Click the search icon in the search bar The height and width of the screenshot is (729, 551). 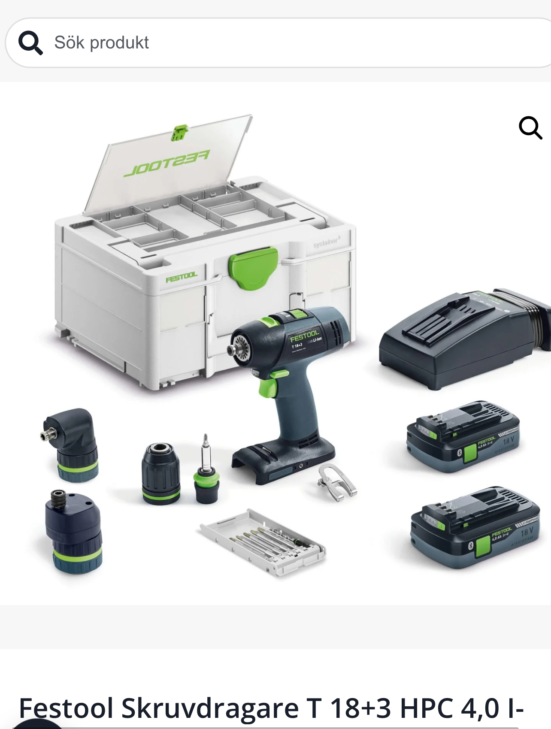[30, 43]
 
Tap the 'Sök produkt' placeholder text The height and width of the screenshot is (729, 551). [101, 43]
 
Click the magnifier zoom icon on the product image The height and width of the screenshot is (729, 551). [530, 128]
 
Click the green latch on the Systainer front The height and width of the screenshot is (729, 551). [253, 268]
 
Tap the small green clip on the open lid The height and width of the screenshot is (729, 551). [180, 133]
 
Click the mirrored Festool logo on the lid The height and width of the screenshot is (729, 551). [167, 163]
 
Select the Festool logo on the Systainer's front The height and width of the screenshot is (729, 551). [182, 277]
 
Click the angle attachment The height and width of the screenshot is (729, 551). [71, 444]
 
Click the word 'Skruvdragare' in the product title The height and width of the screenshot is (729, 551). [210, 708]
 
